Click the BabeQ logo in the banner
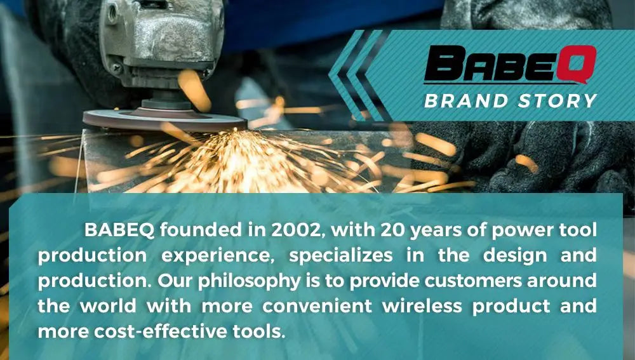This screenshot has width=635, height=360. click(511, 64)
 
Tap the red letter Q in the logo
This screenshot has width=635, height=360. click(577, 64)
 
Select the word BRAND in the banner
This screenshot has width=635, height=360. click(465, 101)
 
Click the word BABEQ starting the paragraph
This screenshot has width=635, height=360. click(119, 230)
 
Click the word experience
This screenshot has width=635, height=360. click(218, 256)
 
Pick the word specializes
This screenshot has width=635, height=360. click(340, 256)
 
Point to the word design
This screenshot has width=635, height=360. click(515, 256)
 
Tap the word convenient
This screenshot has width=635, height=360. click(317, 306)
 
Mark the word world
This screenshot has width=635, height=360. click(108, 306)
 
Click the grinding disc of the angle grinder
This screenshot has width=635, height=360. click(164, 120)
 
